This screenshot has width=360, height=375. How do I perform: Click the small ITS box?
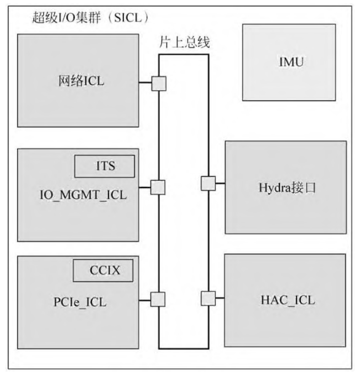(105, 165)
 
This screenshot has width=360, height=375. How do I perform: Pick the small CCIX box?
(104, 271)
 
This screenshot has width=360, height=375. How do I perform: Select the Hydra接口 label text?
(285, 187)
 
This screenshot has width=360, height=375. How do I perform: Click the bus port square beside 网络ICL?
(159, 84)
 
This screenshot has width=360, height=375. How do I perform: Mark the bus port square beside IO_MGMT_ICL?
(159, 187)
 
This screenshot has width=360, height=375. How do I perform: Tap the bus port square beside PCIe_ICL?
(159, 299)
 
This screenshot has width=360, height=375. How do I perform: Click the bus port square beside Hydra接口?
(208, 183)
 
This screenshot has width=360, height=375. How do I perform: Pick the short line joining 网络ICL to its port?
(145, 84)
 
